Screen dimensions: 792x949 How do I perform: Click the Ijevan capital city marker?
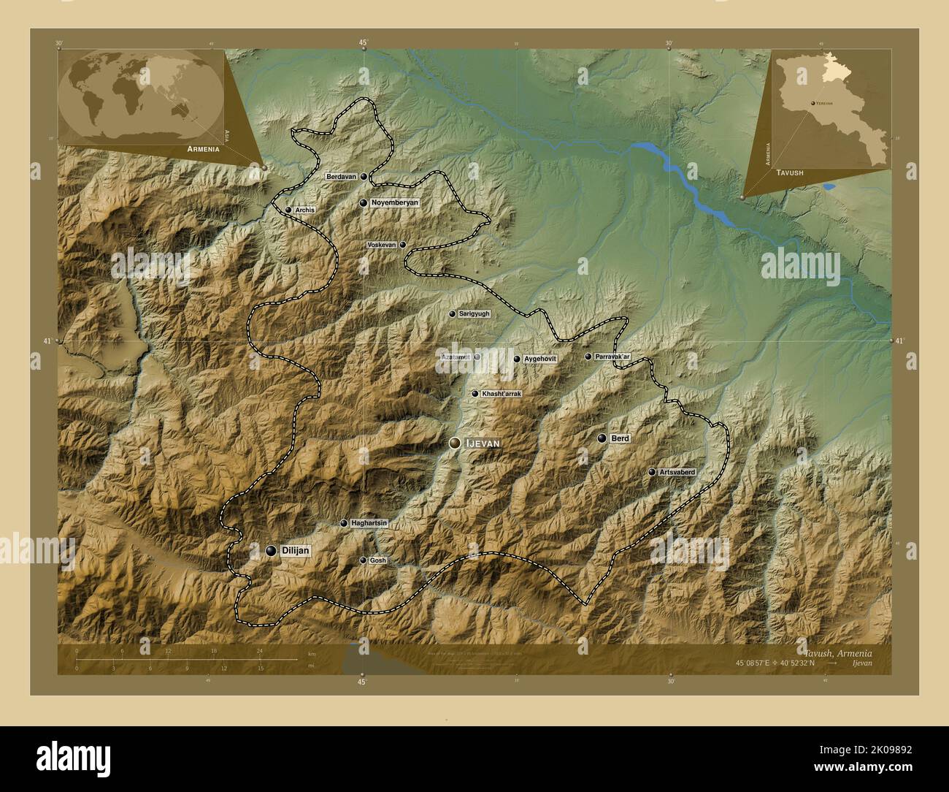[456, 443]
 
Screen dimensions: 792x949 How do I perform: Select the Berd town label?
[620, 438]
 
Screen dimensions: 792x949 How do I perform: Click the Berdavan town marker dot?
[364, 176]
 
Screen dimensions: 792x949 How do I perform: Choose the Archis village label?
[305, 210]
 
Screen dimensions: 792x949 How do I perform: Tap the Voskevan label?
[381, 245]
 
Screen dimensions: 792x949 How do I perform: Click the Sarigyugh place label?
[474, 313]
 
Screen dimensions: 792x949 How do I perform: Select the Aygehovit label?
[540, 359]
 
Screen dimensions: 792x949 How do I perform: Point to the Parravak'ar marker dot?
[588, 357]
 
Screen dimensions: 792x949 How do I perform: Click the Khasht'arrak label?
[502, 394]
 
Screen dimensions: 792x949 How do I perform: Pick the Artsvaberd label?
[677, 473]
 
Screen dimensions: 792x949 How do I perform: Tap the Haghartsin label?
[368, 523]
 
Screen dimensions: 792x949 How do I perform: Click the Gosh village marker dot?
[364, 560]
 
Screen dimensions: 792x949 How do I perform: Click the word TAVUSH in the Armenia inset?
[790, 172]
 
